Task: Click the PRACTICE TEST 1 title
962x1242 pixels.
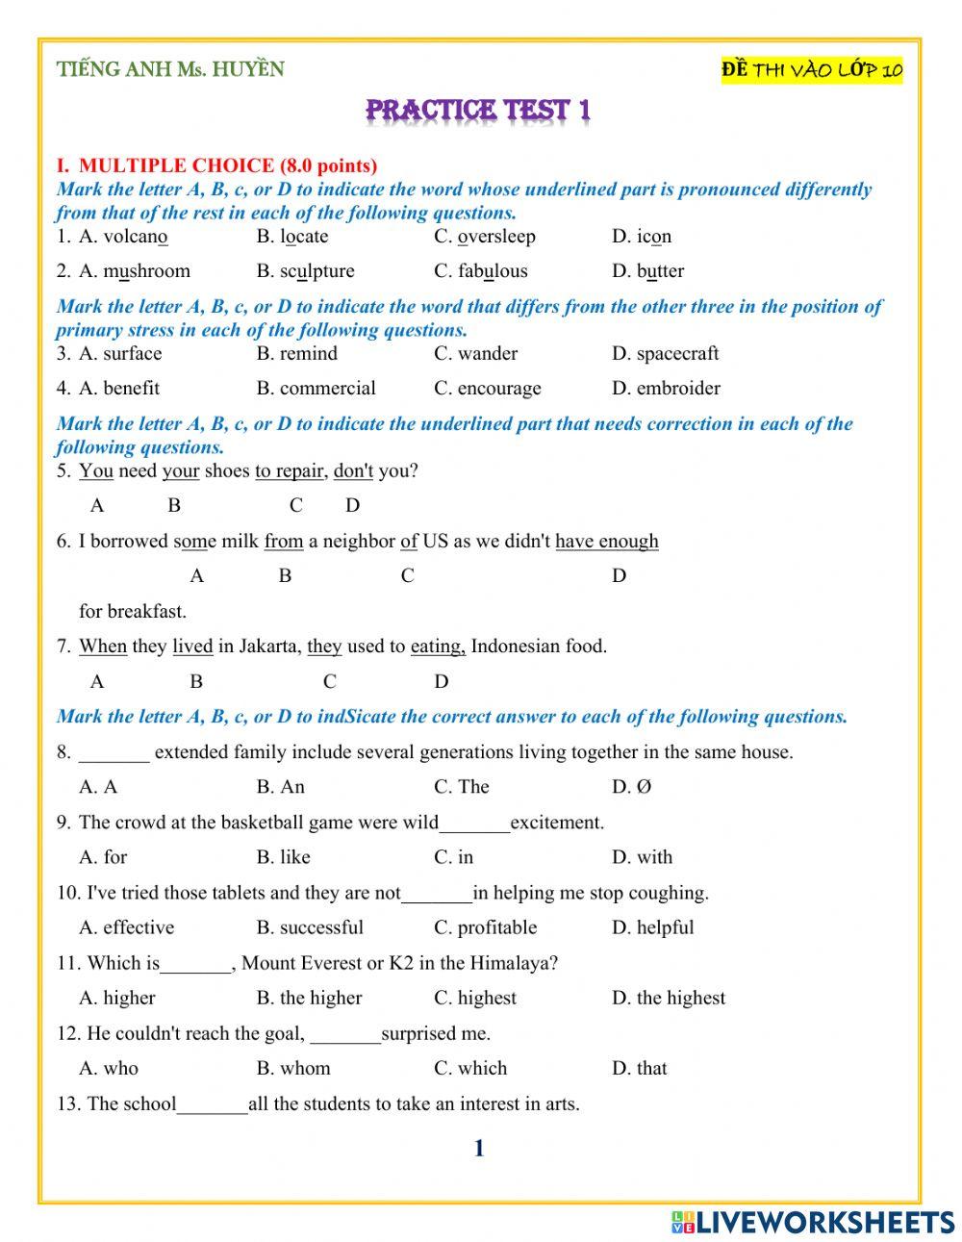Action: pos(478,111)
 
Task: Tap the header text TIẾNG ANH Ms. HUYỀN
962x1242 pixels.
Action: pos(170,69)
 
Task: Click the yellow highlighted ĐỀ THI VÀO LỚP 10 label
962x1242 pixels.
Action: pos(812,70)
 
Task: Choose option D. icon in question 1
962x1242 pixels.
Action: pos(642,237)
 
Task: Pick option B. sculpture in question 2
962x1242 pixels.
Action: pos(305,271)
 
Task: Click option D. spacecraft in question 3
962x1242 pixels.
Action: pos(665,354)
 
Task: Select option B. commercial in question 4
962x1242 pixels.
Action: pos(316,389)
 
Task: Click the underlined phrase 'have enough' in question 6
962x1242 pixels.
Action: pos(607,542)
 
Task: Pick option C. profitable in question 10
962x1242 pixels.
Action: pos(485,927)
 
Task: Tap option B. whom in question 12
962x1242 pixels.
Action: pos(292,1069)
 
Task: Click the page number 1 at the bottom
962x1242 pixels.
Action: pos(478,1148)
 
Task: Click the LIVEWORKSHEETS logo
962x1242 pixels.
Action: pos(813,1222)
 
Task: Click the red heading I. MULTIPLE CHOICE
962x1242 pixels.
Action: pos(216,165)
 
